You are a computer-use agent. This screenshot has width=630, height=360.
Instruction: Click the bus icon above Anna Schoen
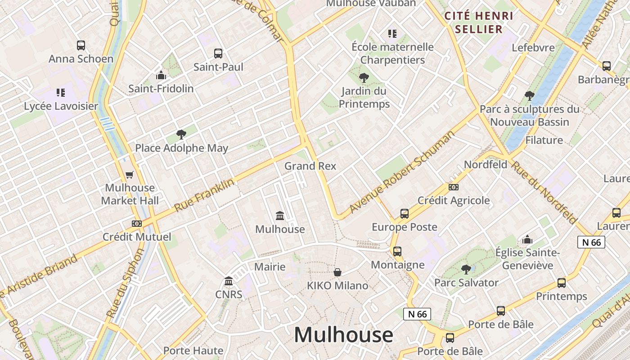pos(81,45)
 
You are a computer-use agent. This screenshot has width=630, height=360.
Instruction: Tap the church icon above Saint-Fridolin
pos(161,75)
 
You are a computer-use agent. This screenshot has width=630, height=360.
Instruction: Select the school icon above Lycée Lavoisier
pos(61,93)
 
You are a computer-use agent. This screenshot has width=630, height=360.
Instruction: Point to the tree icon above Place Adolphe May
pos(181,134)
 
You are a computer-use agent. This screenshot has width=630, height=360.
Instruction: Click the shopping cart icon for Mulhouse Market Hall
pos(130,174)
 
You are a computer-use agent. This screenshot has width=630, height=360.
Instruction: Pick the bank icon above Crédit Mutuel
pos(137,223)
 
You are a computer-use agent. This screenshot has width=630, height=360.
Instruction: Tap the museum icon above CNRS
pos(229,281)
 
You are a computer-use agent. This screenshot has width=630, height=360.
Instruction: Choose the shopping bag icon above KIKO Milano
pos(337,272)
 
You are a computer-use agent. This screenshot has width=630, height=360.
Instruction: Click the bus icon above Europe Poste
pos(405,213)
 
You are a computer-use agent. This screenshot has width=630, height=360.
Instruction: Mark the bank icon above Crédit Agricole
pos(454,187)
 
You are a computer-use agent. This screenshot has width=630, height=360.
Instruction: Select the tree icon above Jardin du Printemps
pos(364,78)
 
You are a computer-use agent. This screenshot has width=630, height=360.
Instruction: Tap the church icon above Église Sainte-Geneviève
pos(527,239)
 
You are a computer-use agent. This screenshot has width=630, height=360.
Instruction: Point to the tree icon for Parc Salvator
pos(466,269)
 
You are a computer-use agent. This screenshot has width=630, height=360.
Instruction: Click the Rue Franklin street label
pos(204,195)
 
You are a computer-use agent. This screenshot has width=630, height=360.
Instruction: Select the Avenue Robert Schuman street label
pos(402,172)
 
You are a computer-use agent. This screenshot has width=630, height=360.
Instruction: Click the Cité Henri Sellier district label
pos(479,22)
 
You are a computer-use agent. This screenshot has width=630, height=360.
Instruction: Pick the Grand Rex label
pos(310,166)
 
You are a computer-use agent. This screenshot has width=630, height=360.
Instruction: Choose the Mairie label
pos(270,267)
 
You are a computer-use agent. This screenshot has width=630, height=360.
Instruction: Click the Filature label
pos(544,140)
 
